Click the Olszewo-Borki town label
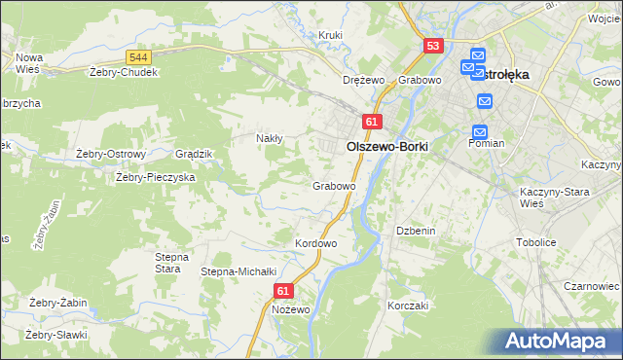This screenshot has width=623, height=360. tap(387, 146)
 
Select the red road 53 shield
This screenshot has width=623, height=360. tap(433, 46)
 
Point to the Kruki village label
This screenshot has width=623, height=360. tap(331, 36)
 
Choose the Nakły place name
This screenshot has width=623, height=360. tap(269, 138)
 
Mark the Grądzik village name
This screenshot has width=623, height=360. tap(193, 155)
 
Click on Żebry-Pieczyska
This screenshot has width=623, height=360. tap(156, 177)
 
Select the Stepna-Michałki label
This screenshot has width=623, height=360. tap(239, 271)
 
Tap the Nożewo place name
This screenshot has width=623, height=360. tap(291, 309)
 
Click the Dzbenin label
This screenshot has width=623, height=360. tap(415, 231)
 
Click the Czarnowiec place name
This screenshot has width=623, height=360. tap(593, 287)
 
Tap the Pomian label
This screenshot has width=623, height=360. tap(486, 143)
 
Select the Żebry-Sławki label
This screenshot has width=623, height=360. tap(56, 335)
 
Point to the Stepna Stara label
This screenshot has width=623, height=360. tap(167, 263)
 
